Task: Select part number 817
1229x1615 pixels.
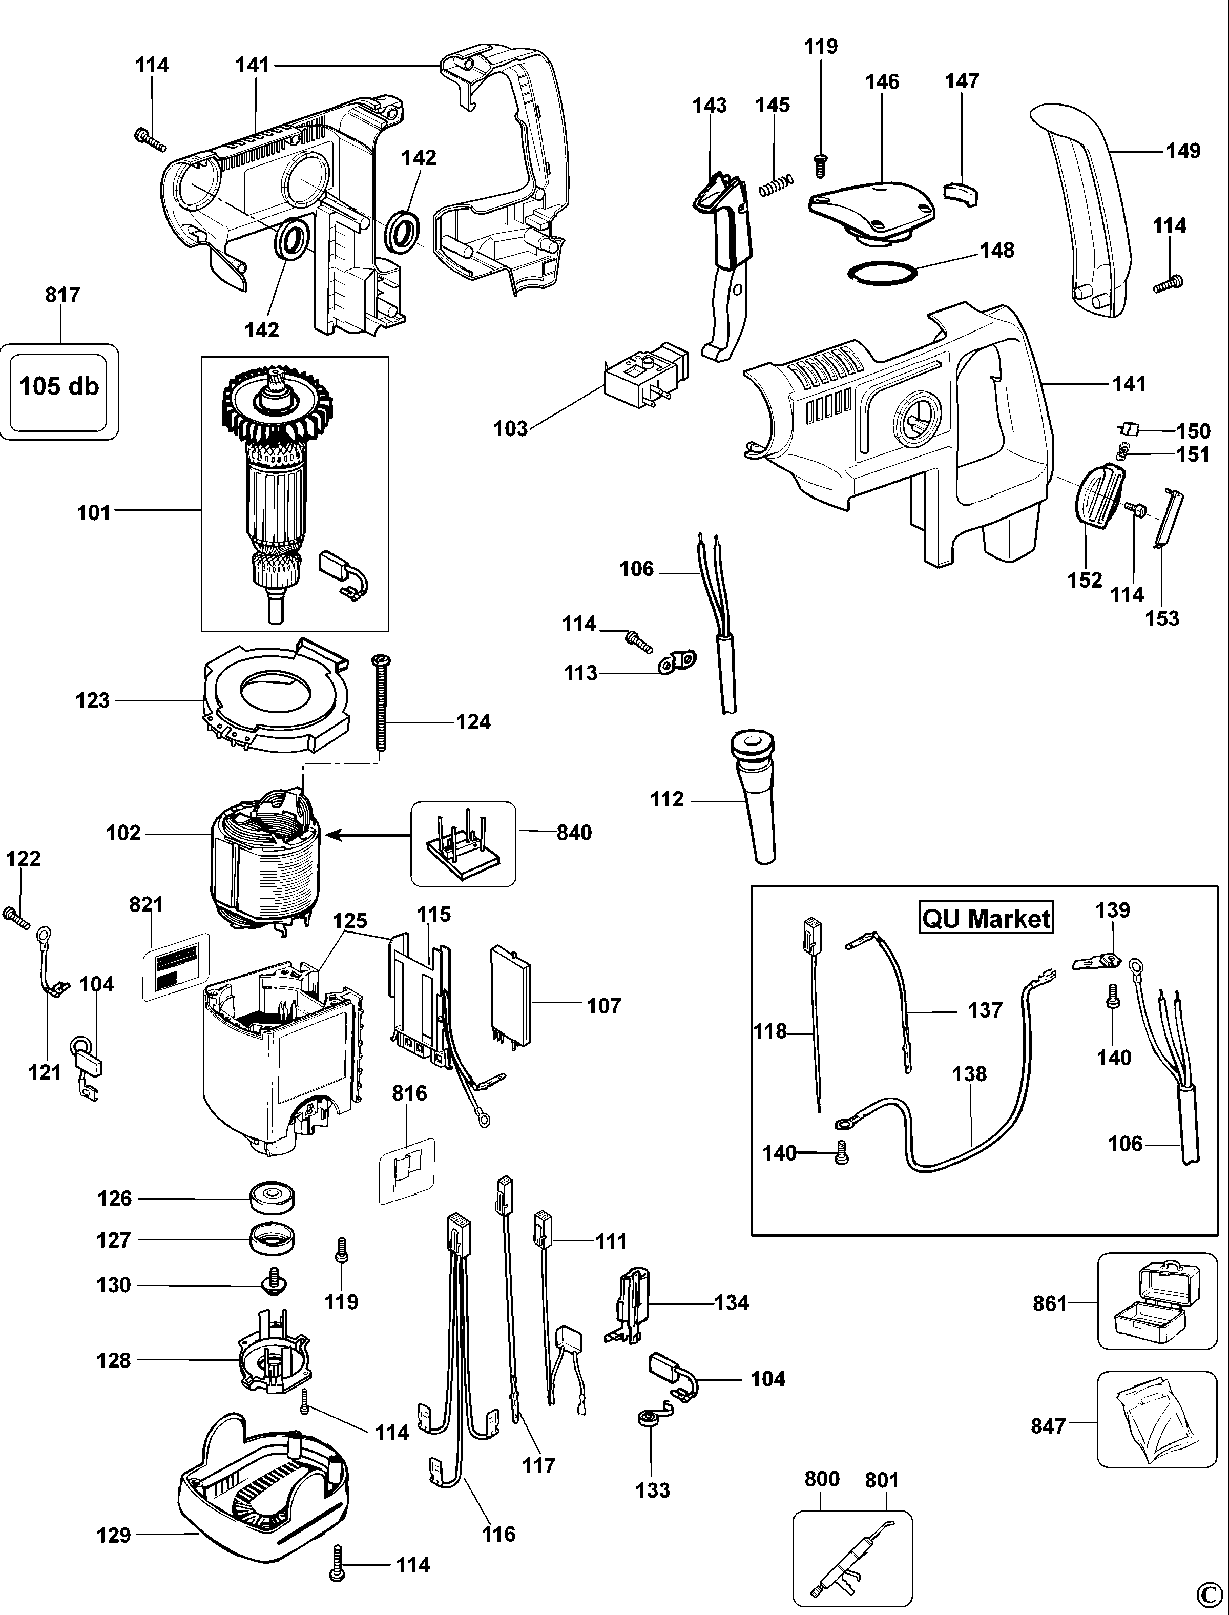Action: tap(62, 295)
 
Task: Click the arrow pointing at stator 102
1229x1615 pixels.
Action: tap(366, 834)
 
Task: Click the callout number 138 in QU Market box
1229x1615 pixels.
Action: tap(969, 1074)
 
